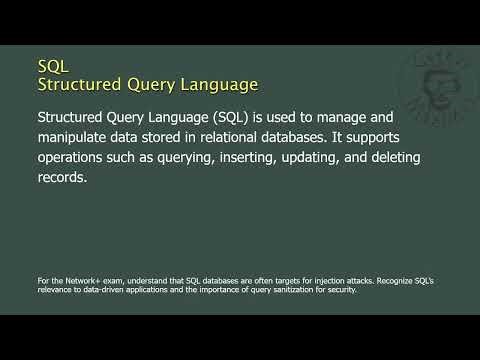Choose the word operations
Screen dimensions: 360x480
coord(77,160)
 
